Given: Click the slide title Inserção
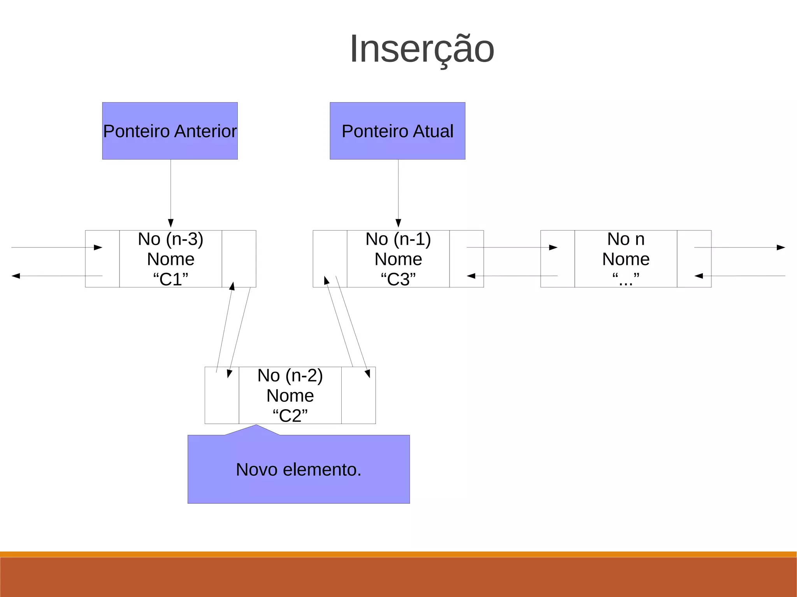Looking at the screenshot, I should [x=422, y=49].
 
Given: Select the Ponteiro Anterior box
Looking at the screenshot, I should [x=170, y=131].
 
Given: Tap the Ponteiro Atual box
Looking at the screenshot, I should [x=397, y=131].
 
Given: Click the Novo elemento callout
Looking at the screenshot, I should [x=298, y=469].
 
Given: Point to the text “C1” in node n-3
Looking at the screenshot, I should [x=170, y=279].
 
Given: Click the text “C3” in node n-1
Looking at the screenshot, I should [x=398, y=279].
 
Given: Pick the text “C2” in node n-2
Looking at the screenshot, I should [x=290, y=416].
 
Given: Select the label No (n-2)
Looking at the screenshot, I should [x=290, y=376].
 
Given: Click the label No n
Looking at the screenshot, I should [x=626, y=239].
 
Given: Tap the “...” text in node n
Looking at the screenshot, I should [x=626, y=279].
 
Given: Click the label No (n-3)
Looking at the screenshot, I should [x=170, y=239].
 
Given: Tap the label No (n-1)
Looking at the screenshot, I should [x=398, y=239].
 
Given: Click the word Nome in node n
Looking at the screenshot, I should [x=626, y=259].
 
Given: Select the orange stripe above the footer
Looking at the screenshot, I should [x=398, y=554].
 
